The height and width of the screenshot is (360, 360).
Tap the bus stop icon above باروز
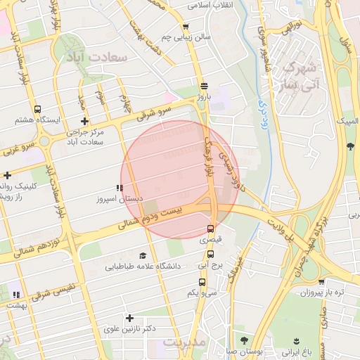coord(204,82)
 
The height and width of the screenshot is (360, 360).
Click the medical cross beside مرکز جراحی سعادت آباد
coord(84,121)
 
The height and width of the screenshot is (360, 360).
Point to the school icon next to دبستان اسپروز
coord(120,188)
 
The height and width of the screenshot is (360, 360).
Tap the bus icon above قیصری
coord(211,229)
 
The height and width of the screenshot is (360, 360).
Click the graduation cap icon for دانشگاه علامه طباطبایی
coord(143,256)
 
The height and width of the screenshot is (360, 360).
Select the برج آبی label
coord(210,266)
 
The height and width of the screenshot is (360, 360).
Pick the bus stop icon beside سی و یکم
coord(203,282)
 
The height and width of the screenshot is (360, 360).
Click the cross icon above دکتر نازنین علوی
coord(129,318)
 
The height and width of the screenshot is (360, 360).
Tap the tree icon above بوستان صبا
coord(243,340)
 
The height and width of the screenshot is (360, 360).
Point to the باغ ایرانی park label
coord(307,350)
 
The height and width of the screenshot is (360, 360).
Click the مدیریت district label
coord(186,342)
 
